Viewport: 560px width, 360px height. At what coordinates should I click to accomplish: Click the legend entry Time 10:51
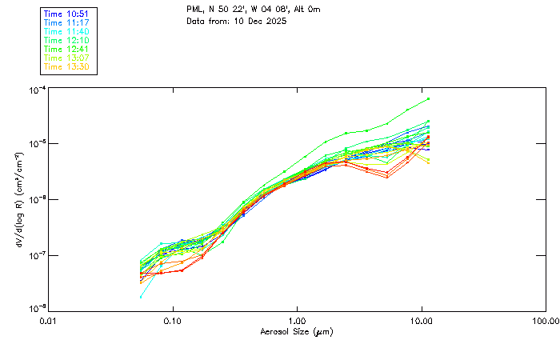click(x=67, y=13)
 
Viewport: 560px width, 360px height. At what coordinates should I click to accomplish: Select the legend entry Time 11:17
click(x=67, y=22)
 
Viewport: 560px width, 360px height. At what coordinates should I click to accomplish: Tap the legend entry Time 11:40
click(x=67, y=30)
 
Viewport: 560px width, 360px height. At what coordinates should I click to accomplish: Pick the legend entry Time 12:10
click(x=67, y=39)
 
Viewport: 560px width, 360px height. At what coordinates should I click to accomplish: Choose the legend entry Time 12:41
click(x=67, y=48)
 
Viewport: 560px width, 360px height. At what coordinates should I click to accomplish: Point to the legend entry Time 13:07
click(x=67, y=57)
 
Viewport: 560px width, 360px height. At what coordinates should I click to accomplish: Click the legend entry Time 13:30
click(x=67, y=66)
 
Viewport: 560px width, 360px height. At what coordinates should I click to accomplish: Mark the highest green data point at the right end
click(x=429, y=98)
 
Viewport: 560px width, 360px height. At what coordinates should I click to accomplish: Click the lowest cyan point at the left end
click(x=142, y=297)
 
